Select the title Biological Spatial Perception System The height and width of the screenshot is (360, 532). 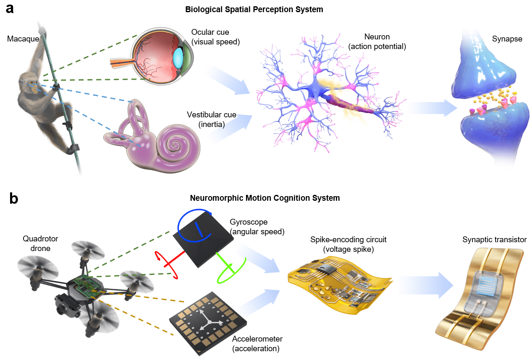254,10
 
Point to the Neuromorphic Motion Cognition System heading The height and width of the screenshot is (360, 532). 265,198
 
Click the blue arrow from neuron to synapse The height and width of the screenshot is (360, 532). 432,110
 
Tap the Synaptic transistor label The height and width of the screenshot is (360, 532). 494,240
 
